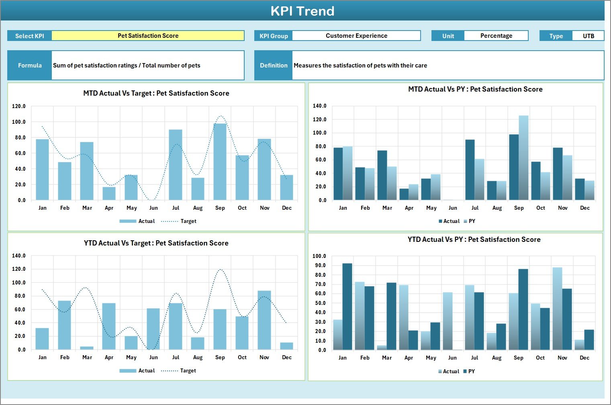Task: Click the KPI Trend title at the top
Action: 302,11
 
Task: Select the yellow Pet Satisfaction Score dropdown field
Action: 148,36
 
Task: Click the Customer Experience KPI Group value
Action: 356,36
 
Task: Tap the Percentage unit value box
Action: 496,36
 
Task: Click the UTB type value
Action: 588,36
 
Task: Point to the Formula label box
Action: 30,65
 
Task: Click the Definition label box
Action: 274,65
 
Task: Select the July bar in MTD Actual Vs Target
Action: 176,165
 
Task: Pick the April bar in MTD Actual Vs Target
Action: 109,194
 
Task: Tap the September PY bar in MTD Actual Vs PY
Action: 523,158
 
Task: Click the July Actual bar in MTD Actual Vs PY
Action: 470,170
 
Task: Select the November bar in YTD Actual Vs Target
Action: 264,320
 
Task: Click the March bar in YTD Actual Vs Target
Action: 87,348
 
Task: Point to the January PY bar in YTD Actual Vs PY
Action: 347,307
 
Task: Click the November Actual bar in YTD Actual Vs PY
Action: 557,309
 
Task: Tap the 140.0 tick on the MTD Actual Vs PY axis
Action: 320,106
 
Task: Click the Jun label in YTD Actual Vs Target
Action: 153,357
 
